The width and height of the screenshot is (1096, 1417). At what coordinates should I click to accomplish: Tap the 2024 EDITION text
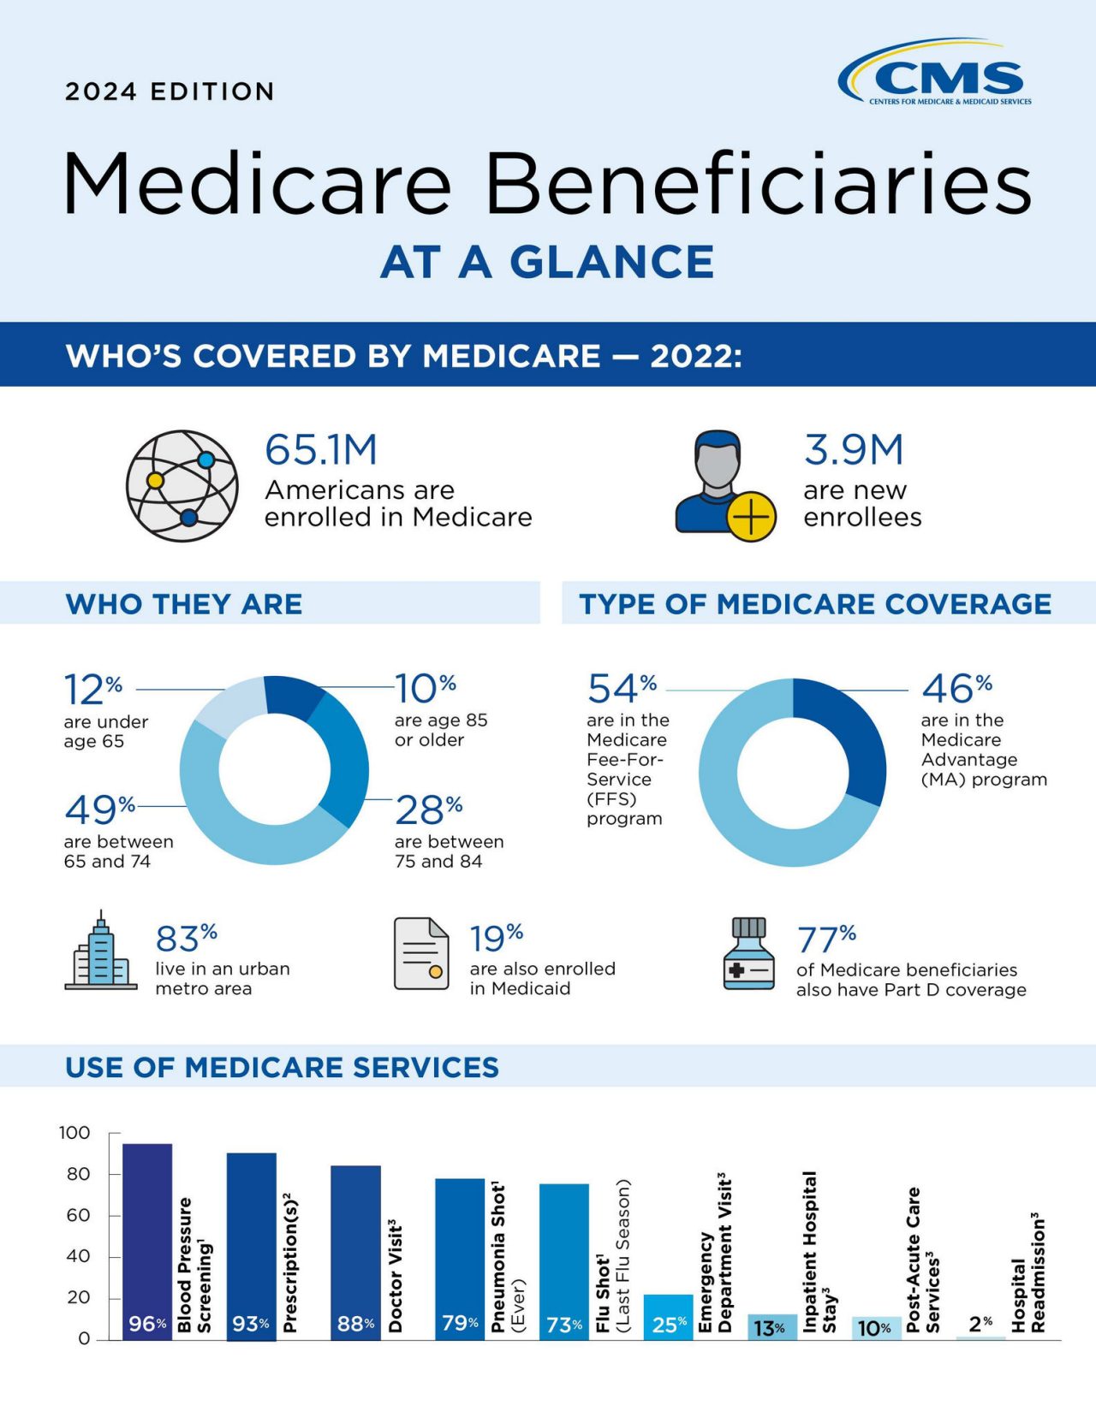[170, 92]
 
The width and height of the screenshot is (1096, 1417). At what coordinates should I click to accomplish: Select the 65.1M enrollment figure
[321, 450]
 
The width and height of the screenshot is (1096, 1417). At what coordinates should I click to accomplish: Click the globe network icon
[182, 485]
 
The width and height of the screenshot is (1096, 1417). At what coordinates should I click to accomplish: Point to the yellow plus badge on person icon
[751, 517]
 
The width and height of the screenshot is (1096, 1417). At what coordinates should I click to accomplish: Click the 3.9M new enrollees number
[853, 450]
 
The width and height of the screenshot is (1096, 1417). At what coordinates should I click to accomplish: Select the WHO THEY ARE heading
[184, 604]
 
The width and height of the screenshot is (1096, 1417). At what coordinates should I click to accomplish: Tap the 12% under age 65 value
[92, 689]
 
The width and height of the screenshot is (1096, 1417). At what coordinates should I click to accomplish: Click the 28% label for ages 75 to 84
[428, 809]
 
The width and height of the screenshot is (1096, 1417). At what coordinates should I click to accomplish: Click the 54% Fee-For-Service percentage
[622, 688]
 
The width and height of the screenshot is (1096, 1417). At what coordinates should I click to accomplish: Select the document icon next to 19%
[421, 953]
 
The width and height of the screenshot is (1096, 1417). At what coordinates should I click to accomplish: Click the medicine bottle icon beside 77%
[748, 954]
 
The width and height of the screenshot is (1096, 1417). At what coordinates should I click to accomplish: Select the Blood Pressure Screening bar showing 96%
[147, 1241]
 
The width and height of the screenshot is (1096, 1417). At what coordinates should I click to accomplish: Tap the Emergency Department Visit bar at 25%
[668, 1318]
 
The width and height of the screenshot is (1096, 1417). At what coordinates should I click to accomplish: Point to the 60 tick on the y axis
[79, 1215]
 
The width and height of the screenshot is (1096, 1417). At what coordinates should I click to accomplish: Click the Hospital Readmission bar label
[1027, 1272]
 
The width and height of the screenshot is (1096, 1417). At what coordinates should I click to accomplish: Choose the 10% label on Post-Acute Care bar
[874, 1328]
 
